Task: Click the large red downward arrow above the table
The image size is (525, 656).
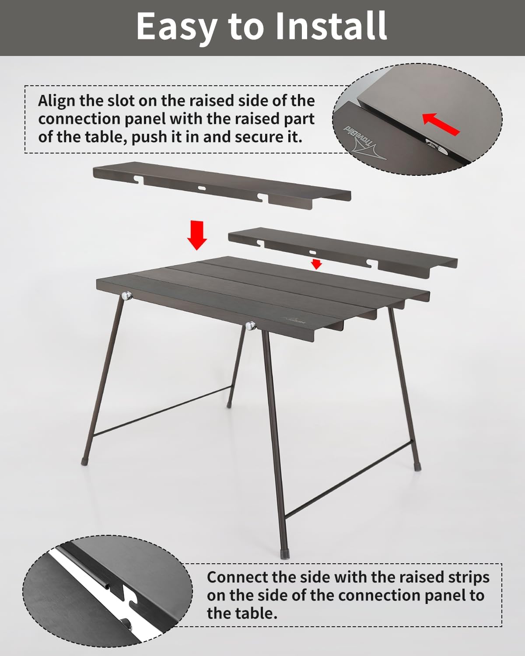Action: [197, 235]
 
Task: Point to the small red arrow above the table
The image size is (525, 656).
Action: [316, 264]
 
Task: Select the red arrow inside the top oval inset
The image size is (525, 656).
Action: [441, 124]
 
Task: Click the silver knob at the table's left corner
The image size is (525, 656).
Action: [126, 295]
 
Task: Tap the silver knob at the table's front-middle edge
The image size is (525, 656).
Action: [250, 326]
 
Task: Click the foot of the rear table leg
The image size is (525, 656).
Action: [229, 405]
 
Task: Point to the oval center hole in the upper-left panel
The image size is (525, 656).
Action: [202, 188]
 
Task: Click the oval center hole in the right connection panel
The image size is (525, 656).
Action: [313, 252]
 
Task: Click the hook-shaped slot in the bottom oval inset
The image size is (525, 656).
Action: [128, 594]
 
